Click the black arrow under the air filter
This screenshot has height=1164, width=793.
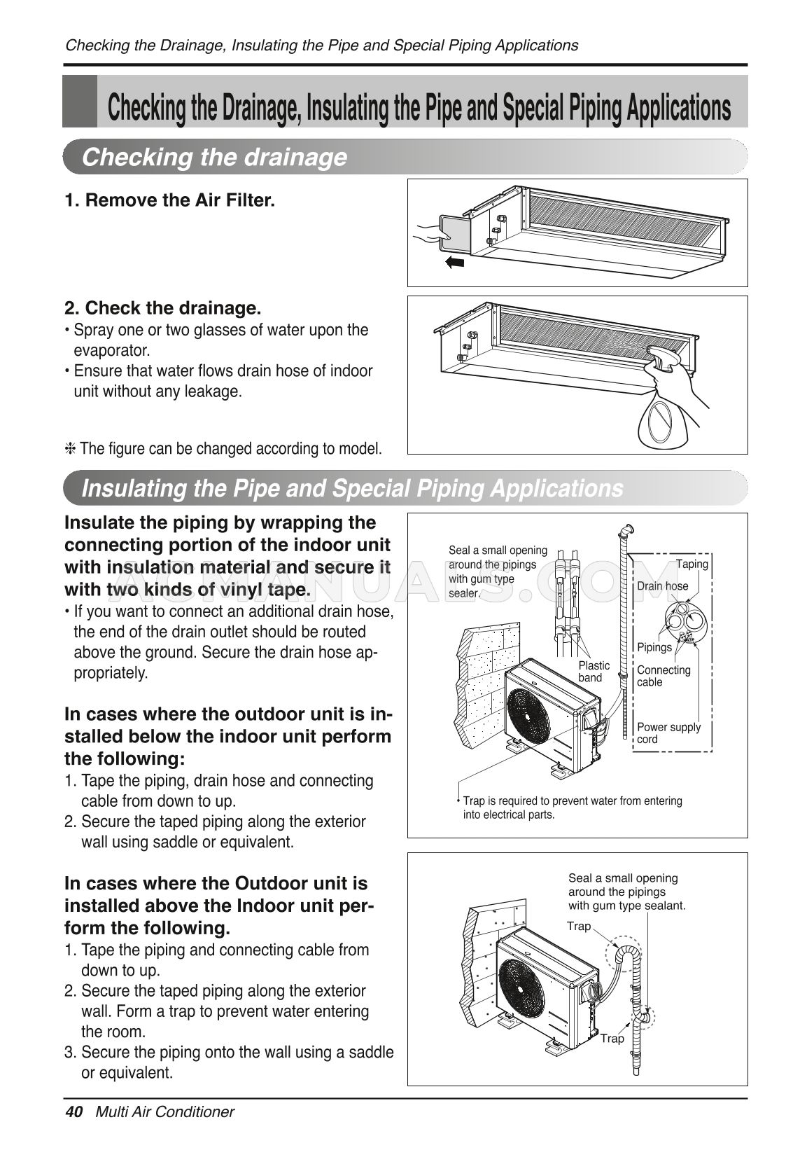(455, 263)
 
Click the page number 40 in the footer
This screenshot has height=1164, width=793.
(73, 1111)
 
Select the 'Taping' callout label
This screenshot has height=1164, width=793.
(692, 564)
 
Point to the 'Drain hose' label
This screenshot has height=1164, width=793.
(662, 586)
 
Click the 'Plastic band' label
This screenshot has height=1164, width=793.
(594, 671)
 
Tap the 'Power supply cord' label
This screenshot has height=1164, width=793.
(668, 733)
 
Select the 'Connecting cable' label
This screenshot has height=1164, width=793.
(663, 675)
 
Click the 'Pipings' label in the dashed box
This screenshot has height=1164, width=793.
(654, 647)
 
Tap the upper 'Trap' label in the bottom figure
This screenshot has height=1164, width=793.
(579, 926)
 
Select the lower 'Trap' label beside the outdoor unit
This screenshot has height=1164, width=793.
(612, 1038)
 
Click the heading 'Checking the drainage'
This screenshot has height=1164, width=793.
(214, 157)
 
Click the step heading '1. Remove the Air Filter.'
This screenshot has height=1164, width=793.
(170, 200)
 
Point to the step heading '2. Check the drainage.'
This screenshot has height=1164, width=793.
(163, 308)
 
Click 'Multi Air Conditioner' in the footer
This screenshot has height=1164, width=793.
(164, 1111)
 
